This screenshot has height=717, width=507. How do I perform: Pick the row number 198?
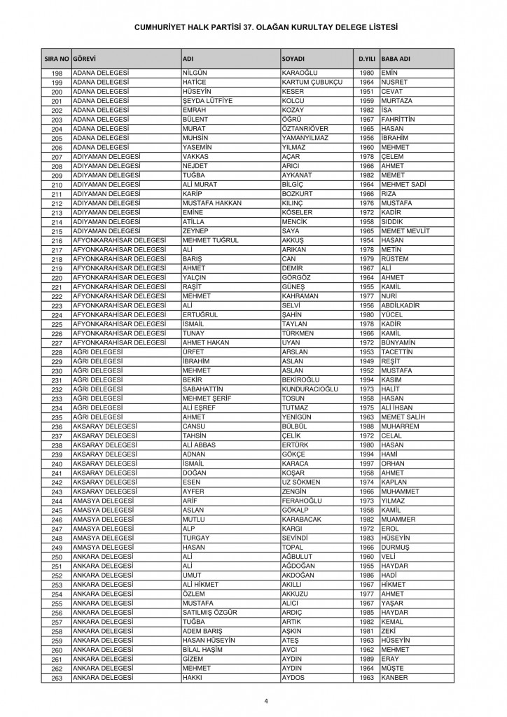tap(57, 74)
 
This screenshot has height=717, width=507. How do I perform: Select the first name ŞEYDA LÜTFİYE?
tap(207, 101)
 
